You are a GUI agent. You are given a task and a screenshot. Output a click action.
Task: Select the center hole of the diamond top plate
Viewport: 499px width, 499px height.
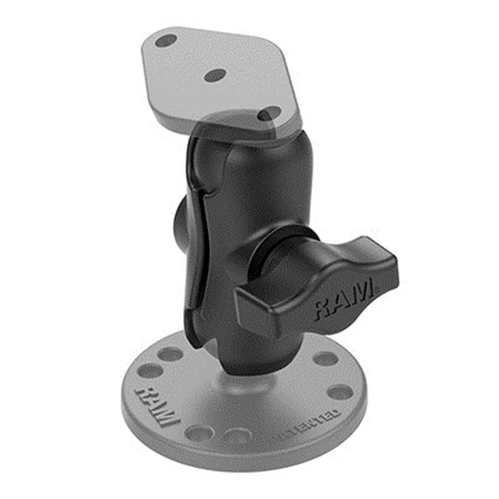point(215,74)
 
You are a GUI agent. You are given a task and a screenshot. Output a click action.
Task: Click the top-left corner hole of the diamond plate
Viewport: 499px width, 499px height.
point(166,41)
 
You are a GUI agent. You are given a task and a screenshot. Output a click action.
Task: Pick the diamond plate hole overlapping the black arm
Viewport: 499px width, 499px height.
point(269,113)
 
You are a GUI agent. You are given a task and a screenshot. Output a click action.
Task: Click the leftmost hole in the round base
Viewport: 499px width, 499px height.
point(150,371)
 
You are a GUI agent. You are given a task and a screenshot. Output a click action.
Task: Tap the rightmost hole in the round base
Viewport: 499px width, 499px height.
point(340,391)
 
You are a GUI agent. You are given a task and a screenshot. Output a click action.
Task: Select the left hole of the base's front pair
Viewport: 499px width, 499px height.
point(199,432)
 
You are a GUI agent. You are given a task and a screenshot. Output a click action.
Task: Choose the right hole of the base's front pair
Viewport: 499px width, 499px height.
point(237,435)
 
